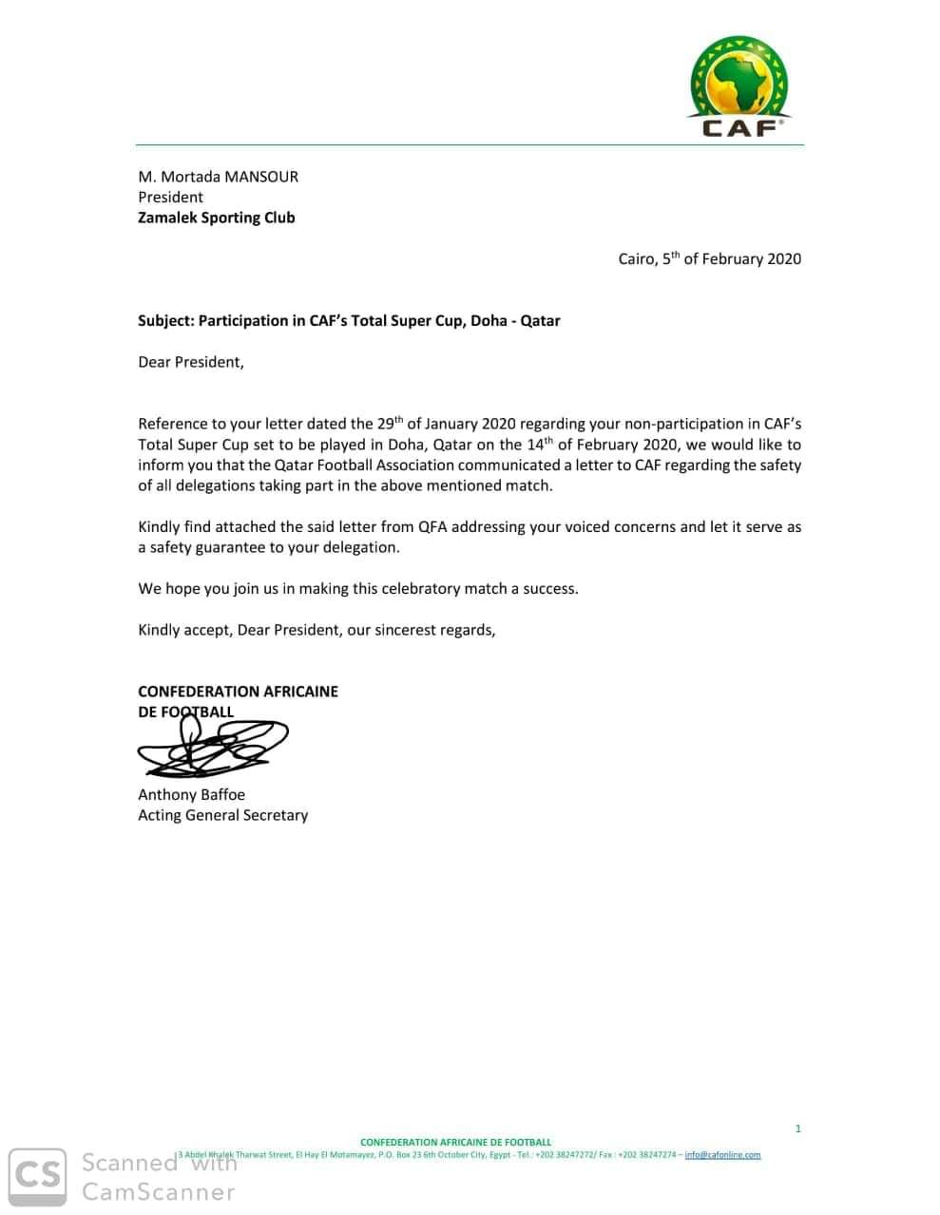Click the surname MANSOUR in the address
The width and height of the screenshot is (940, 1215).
click(x=261, y=177)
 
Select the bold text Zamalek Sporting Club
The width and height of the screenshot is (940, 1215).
click(x=217, y=218)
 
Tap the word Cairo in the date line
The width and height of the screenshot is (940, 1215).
click(x=636, y=258)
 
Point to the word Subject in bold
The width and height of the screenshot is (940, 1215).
click(x=165, y=321)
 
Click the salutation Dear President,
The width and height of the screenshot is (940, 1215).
click(x=191, y=362)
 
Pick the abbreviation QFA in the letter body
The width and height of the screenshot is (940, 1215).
click(x=432, y=526)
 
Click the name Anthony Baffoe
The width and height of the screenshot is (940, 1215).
click(x=191, y=794)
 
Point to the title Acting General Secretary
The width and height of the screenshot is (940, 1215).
click(x=223, y=815)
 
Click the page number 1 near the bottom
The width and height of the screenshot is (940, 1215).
click(x=798, y=1129)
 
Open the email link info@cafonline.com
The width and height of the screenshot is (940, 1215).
click(x=722, y=1155)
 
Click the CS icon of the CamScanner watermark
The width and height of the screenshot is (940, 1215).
click(x=38, y=1177)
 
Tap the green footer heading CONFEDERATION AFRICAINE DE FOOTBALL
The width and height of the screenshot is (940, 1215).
click(x=455, y=1142)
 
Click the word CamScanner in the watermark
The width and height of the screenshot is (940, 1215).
click(x=159, y=1191)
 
